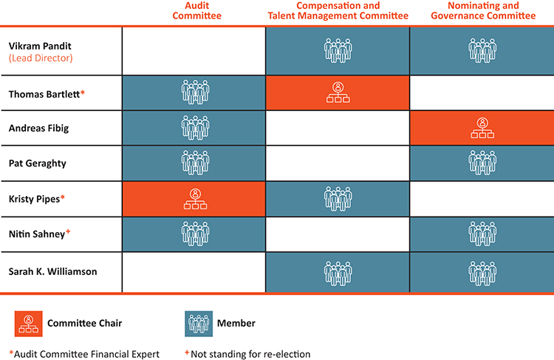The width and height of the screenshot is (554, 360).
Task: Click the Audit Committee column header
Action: pyautogui.click(x=196, y=10)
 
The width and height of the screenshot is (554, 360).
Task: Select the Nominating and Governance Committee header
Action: pyautogui.click(x=483, y=10)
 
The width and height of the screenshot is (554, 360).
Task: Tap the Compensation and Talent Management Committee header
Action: pyautogui.click(x=338, y=10)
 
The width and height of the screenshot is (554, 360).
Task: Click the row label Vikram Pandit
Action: pyautogui.click(x=40, y=46)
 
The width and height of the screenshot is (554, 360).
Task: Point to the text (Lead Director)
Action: pyautogui.click(x=41, y=58)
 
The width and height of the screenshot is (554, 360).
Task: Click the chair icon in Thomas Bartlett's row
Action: pyautogui.click(x=338, y=92)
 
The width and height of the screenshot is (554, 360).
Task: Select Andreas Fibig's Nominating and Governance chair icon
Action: pyautogui.click(x=482, y=128)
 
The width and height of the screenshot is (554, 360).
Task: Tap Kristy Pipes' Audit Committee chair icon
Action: pyautogui.click(x=196, y=199)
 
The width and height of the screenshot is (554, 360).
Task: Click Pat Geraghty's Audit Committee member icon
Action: pyautogui.click(x=196, y=163)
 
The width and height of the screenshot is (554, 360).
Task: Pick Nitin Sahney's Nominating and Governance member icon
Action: pyautogui.click(x=482, y=234)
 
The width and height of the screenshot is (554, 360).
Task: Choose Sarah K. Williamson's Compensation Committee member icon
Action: pyautogui.click(x=338, y=274)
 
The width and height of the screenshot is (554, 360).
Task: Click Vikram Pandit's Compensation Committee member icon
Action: pyautogui.click(x=338, y=50)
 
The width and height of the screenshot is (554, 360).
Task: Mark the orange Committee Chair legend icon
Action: pyautogui.click(x=29, y=324)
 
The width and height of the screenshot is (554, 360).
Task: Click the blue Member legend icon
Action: pyautogui.click(x=199, y=324)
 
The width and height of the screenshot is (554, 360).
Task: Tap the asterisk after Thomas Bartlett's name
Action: pyautogui.click(x=83, y=92)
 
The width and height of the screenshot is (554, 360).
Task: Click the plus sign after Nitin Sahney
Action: pyautogui.click(x=68, y=231)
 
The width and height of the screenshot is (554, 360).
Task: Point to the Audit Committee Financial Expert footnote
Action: pyautogui.click(x=84, y=354)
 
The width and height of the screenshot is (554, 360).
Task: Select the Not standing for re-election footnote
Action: pyautogui.click(x=247, y=354)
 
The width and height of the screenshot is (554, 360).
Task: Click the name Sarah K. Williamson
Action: pyautogui.click(x=52, y=271)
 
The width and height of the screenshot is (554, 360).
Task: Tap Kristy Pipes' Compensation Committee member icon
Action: pyautogui.click(x=338, y=199)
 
